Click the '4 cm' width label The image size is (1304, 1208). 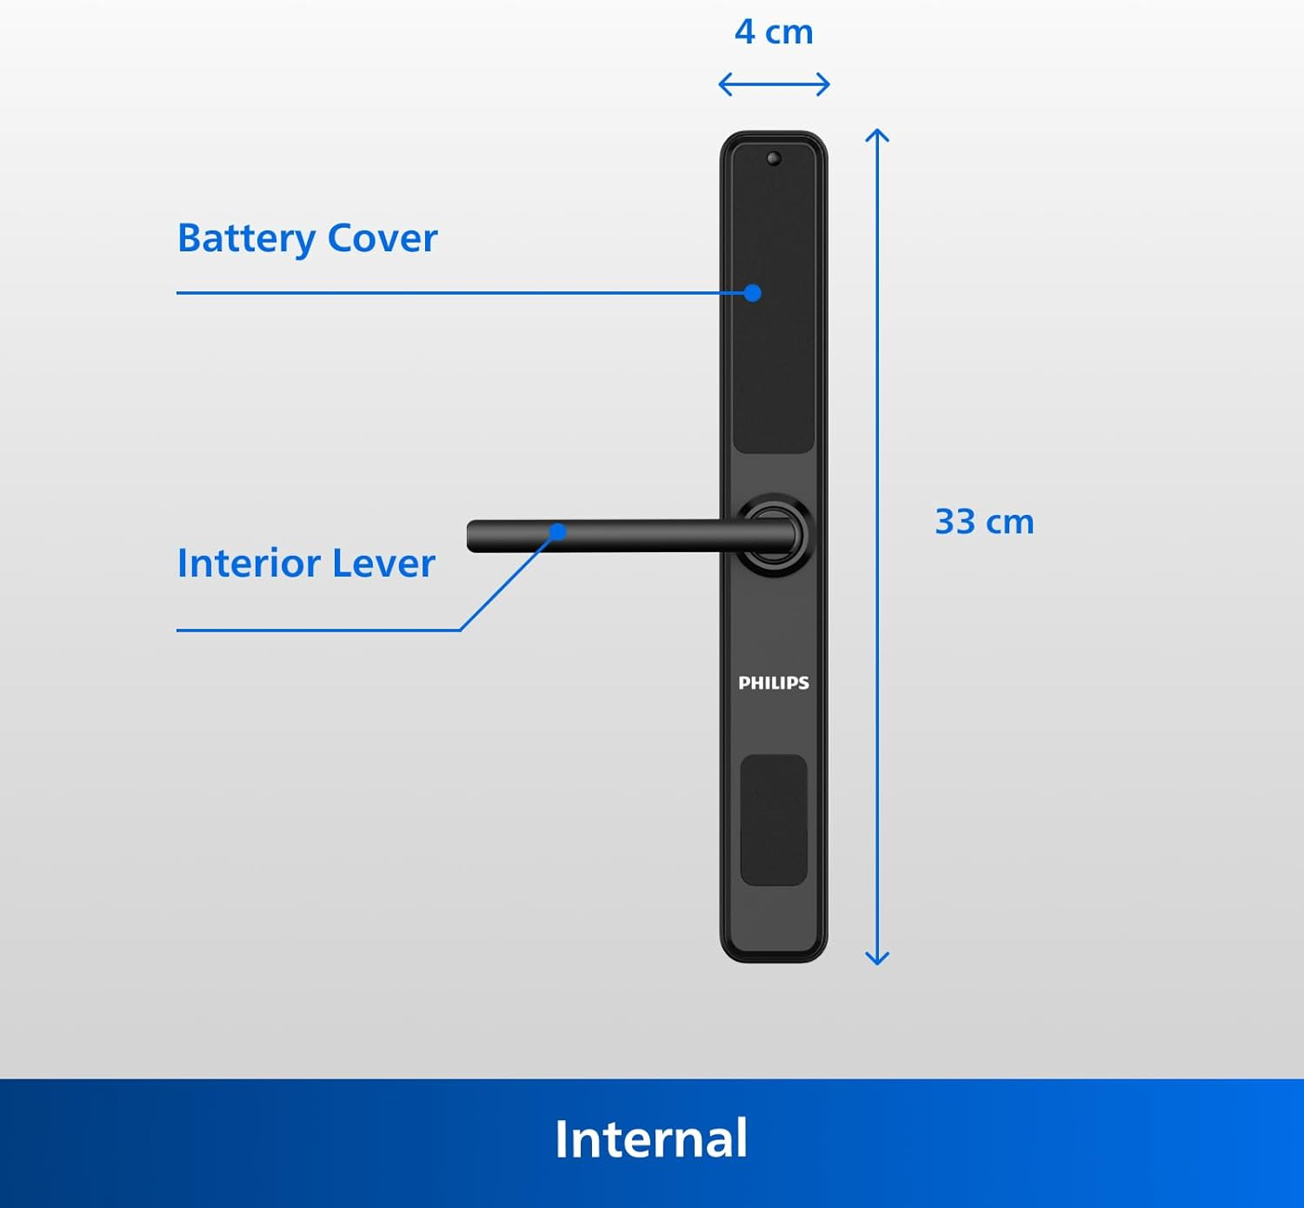(x=774, y=32)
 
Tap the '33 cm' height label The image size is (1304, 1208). (x=984, y=522)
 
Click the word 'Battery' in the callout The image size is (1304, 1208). (x=246, y=238)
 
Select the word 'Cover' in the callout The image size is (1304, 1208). (x=383, y=238)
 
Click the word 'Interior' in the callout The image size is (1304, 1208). (x=249, y=564)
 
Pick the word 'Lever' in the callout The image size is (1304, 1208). (x=383, y=564)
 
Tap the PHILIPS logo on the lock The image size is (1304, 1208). (x=774, y=683)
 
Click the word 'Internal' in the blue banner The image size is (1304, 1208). (x=651, y=1138)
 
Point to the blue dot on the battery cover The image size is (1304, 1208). (x=753, y=293)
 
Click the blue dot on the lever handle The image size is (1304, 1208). (x=558, y=531)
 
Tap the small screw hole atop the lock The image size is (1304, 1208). (x=774, y=158)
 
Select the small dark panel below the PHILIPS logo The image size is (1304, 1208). (x=774, y=820)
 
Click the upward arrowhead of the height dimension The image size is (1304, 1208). (x=877, y=135)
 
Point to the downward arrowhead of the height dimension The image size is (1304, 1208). (x=877, y=958)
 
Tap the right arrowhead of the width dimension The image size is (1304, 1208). (x=825, y=84)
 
